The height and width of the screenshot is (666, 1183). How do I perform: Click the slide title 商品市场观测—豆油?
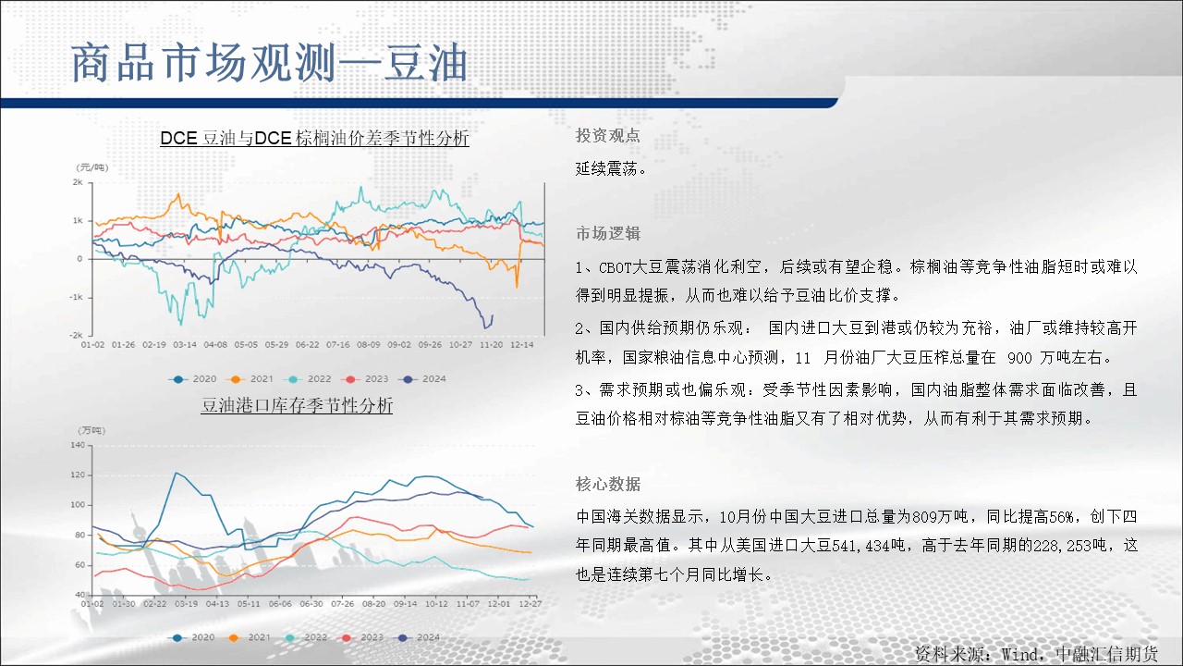[269, 64]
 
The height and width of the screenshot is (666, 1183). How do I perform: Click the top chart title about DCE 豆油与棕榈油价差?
[315, 138]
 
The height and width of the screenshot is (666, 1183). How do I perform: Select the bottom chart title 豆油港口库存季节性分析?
[297, 405]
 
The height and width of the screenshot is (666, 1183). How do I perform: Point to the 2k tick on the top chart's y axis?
[78, 182]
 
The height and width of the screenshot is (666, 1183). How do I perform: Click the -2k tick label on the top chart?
[76, 335]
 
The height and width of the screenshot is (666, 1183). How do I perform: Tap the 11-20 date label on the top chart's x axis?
[491, 345]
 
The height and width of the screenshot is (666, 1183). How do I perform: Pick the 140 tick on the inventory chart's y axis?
[78, 445]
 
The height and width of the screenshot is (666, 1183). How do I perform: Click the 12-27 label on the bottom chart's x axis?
[531, 604]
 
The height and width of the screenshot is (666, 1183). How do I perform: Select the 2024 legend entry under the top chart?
[424, 379]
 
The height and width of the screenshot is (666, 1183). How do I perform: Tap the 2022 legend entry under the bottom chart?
[306, 637]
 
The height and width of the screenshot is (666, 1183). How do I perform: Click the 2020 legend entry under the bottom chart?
[193, 637]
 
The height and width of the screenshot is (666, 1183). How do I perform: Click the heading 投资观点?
[608, 136]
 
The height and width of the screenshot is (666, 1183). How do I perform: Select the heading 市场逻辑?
[608, 233]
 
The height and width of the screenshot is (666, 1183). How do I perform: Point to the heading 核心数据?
[608, 484]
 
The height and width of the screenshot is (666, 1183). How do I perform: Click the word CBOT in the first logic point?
[616, 267]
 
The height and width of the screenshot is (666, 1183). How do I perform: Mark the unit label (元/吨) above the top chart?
[92, 167]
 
